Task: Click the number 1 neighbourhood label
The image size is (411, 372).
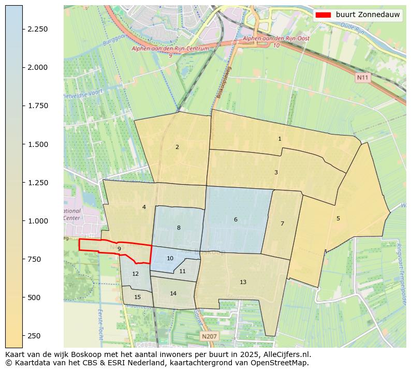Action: [280, 139]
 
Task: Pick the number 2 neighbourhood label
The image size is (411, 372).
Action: [177, 147]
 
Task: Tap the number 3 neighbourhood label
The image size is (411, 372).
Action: [276, 172]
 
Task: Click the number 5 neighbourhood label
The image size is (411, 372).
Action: [338, 218]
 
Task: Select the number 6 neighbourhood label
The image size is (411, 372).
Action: [236, 220]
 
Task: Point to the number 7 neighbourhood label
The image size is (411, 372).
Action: [282, 224]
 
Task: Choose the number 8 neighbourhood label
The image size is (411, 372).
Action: [179, 228]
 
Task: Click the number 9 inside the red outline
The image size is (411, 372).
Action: [119, 249]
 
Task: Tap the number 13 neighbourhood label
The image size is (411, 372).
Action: [243, 282]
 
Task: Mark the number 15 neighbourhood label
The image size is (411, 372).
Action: [137, 297]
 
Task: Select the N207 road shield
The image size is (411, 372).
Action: [209, 336]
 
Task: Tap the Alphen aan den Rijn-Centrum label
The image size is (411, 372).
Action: [170, 49]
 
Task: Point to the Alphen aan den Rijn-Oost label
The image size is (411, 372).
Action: [269, 39]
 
